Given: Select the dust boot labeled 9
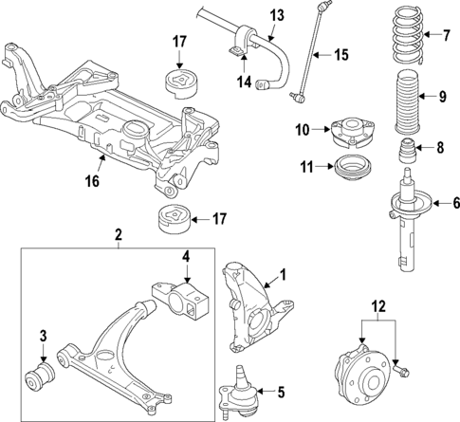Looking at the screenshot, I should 406,97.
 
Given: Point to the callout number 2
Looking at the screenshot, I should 119,233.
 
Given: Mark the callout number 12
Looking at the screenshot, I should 379,305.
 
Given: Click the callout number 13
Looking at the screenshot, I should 277,14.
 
